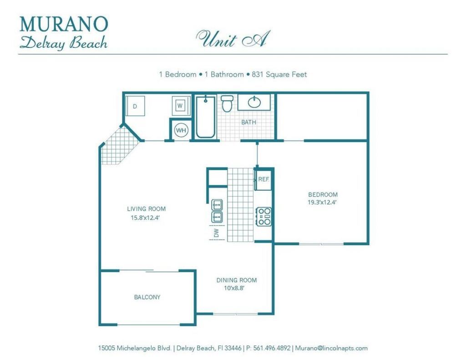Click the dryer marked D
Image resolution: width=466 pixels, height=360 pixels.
[135, 106]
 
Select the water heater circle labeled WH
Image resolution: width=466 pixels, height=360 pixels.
[181, 131]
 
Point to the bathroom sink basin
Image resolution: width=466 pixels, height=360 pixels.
[255, 102]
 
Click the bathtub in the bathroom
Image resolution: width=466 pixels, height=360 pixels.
[206, 117]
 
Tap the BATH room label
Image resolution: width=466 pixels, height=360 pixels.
[248, 122]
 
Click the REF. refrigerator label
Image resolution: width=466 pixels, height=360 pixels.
[264, 179]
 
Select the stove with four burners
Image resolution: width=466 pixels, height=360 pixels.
[263, 217]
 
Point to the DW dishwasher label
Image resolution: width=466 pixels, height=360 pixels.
[217, 233]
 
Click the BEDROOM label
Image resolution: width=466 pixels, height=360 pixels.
[322, 194]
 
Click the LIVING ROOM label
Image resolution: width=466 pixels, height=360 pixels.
[146, 209]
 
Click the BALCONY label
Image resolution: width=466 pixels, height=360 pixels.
[147, 297]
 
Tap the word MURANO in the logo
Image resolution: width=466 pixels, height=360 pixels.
[64, 23]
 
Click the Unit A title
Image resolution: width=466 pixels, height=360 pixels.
[233, 39]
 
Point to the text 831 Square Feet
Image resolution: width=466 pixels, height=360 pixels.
[279, 74]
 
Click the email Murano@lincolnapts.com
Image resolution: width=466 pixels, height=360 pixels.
[331, 348]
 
